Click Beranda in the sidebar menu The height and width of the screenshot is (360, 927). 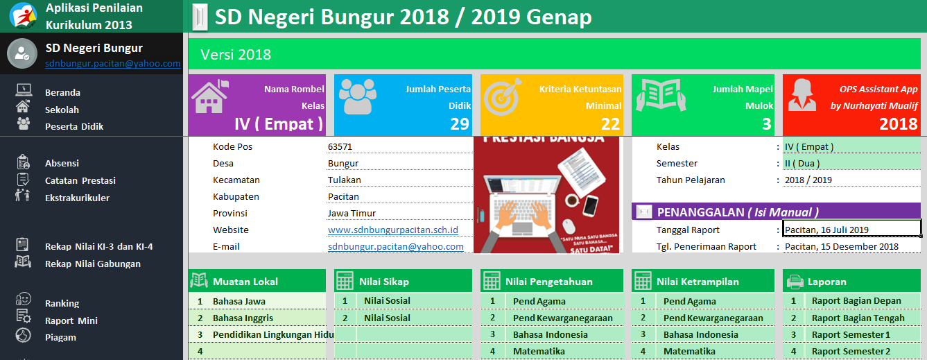click(x=62, y=92)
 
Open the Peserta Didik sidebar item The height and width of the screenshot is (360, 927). click(x=73, y=126)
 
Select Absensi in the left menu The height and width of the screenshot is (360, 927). click(x=62, y=163)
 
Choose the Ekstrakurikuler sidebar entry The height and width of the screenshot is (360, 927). click(x=77, y=198)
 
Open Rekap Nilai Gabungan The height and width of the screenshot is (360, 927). click(x=92, y=264)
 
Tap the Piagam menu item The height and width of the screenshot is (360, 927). click(x=60, y=337)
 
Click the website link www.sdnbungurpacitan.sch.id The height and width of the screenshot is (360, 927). click(x=392, y=230)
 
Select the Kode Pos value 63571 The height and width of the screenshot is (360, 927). click(x=340, y=146)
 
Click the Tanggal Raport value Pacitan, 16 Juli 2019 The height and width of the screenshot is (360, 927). click(x=826, y=230)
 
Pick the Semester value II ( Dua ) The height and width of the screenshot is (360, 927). click(x=802, y=163)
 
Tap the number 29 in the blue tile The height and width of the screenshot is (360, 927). click(x=459, y=124)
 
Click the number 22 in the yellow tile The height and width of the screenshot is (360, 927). click(x=610, y=124)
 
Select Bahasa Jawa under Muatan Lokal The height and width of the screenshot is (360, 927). click(x=239, y=301)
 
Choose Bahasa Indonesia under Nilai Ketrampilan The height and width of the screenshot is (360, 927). click(x=700, y=334)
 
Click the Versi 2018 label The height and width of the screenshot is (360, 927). click(x=236, y=54)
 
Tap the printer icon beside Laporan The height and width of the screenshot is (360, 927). click(x=794, y=281)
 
